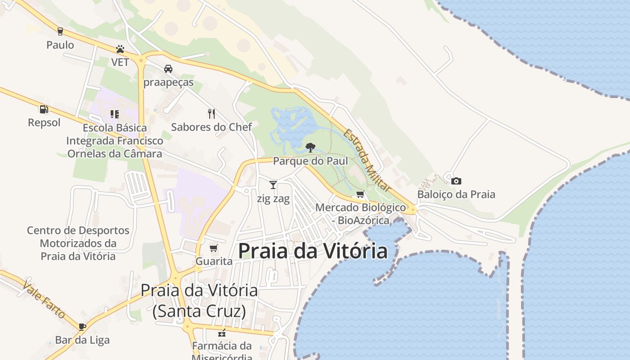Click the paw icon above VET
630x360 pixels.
(120, 49)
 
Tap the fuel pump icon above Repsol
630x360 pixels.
(44, 109)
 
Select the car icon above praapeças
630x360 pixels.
(168, 69)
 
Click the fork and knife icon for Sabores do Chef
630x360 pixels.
(211, 113)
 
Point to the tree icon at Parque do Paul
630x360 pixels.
(310, 147)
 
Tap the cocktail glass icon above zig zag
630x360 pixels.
(273, 184)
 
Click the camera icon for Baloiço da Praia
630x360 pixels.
(456, 181)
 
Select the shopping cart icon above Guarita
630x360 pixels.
(214, 248)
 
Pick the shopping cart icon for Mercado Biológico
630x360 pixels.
(360, 194)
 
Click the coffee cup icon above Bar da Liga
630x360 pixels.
(82, 326)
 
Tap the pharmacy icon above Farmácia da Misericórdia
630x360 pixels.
(221, 333)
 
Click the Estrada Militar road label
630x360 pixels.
(367, 160)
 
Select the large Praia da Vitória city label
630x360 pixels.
(312, 251)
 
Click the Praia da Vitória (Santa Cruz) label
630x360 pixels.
(199, 300)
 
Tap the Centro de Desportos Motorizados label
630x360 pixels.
(78, 243)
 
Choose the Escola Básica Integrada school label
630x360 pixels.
(115, 140)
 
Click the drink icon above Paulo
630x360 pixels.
(60, 31)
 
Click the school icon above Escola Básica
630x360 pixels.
(115, 114)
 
